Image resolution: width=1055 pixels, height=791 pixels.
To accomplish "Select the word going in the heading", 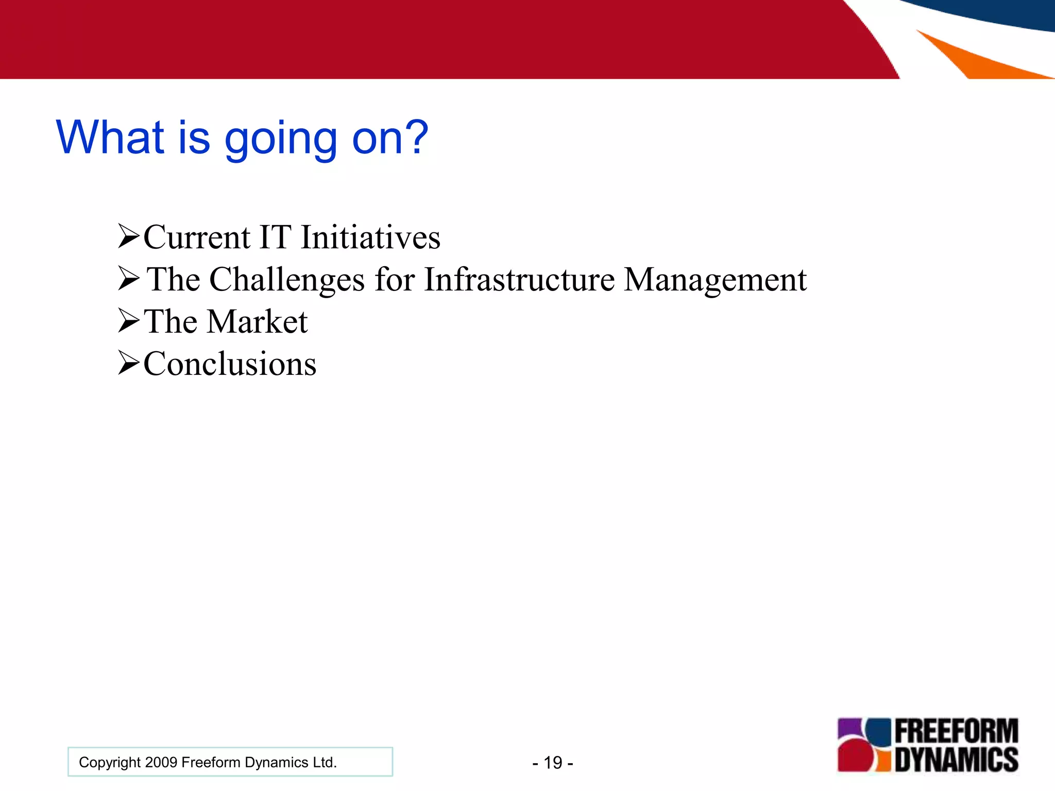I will coord(281,139).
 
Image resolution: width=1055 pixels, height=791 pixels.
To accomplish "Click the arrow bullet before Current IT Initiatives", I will coord(128,236).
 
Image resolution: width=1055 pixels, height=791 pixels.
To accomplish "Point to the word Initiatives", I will coord(370,237).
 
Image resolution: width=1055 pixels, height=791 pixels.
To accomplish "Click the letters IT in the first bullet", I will coord(275,237).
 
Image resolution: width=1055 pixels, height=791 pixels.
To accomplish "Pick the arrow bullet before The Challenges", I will coord(128,279).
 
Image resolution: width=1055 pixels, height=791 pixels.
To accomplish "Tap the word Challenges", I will coord(287,281).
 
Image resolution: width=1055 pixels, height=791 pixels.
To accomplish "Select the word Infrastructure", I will coord(519,280).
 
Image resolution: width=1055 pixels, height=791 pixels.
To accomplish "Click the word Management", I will coord(715,281).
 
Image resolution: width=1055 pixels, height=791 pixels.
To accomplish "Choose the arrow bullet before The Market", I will coord(128,321).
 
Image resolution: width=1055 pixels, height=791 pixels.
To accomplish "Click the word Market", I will coord(258,322).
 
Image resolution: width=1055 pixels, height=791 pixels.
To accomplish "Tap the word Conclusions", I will coord(230,364).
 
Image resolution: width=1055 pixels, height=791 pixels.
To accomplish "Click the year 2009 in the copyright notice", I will coord(161,762).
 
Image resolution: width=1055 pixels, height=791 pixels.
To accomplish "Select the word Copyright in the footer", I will coord(109,762).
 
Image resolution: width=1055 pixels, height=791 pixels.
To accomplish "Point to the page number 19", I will coord(553,763).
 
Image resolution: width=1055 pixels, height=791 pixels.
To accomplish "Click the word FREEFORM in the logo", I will coord(956,731).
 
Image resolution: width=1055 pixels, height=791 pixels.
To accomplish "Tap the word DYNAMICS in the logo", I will coord(956,760).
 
